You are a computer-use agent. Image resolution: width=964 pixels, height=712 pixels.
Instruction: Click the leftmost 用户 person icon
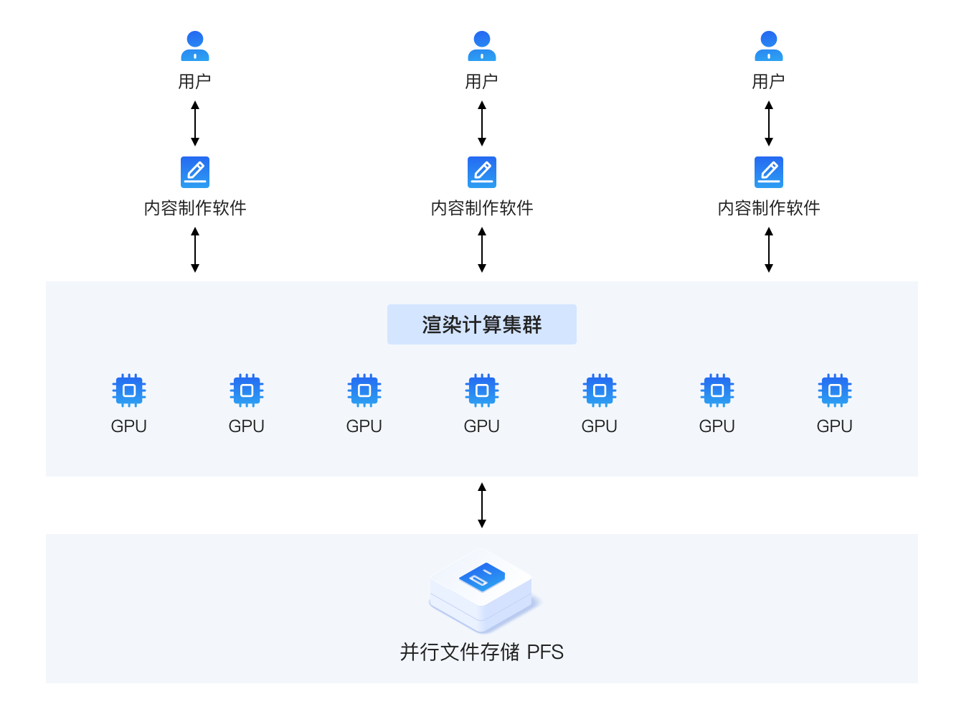195,46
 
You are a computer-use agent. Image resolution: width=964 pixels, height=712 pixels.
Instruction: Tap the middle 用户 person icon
482,46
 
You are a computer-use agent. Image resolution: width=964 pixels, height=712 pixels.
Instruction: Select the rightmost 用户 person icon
769,46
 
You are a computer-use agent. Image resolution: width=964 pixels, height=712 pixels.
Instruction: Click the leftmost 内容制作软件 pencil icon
195,172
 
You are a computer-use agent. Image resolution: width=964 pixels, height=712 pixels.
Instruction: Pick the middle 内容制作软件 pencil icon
482,172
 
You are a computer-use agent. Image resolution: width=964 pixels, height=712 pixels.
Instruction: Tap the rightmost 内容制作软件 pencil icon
769,172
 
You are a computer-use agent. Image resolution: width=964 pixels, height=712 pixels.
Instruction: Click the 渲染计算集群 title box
482,324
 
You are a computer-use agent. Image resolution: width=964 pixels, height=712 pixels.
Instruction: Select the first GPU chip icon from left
129,390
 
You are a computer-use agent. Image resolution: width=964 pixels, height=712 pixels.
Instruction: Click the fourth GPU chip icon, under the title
482,390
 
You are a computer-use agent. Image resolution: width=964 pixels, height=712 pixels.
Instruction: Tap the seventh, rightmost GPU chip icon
835,390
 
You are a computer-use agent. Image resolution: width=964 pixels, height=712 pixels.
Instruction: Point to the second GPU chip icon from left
247,390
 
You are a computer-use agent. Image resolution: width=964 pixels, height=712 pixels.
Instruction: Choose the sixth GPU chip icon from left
717,390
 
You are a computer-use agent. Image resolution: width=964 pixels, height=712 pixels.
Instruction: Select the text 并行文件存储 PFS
482,652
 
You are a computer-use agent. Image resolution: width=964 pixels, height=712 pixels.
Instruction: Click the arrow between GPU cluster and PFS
482,505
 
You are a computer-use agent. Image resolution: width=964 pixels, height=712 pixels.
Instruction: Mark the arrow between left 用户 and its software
195,123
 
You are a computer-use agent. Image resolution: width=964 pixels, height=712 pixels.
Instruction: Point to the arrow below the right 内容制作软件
769,250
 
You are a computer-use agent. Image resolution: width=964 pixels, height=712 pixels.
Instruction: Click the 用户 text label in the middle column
482,82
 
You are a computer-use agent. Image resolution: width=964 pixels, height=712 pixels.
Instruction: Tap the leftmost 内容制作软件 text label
195,208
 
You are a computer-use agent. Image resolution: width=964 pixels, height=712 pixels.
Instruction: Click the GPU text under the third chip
364,426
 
